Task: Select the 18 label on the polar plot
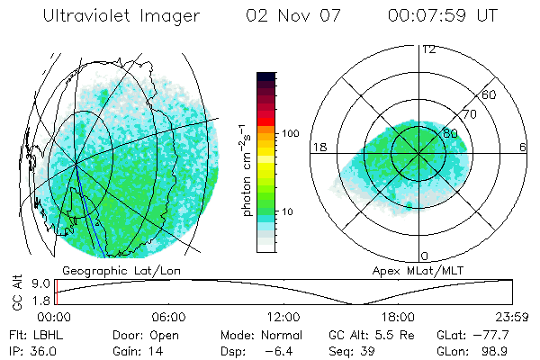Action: pyautogui.click(x=318, y=147)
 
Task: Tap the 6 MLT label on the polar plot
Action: pyautogui.click(x=523, y=147)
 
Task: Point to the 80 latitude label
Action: pyautogui.click(x=438, y=133)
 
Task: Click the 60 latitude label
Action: pyautogui.click(x=489, y=94)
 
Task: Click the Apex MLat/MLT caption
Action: pyautogui.click(x=420, y=270)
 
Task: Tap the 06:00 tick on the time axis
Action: pyautogui.click(x=168, y=318)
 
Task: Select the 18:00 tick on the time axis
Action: pyautogui.click(x=398, y=318)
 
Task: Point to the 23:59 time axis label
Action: pyautogui.click(x=512, y=318)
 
